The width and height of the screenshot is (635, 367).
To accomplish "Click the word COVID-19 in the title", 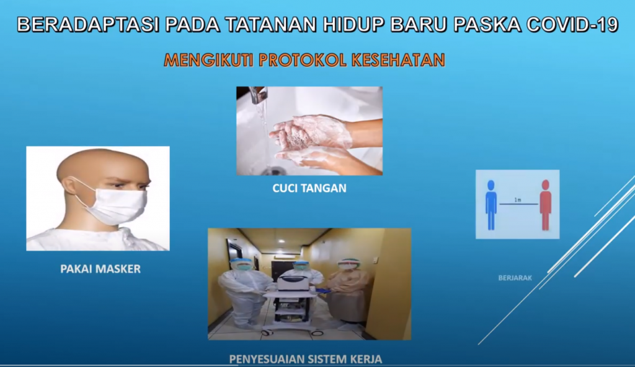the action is point(572,25).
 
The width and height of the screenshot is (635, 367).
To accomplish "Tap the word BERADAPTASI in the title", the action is point(87,25).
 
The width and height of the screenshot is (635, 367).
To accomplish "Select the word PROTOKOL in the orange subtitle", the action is point(303,60).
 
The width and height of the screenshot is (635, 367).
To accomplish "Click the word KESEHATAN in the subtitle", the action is point(399,60).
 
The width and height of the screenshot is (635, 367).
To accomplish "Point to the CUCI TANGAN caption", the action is point(309,188).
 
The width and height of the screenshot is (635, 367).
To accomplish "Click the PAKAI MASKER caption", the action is point(100,269).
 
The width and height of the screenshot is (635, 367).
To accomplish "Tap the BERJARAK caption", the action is point(515,278).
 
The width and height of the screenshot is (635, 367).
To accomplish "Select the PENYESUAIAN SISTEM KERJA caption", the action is point(305,359).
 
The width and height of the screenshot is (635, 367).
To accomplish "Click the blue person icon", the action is point(491,205).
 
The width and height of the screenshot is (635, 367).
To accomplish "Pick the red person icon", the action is point(546,205).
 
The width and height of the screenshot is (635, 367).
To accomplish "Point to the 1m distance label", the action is point(518,200).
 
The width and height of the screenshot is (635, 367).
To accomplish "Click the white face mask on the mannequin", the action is point(117,205).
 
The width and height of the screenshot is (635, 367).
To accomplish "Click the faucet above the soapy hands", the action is point(258,95).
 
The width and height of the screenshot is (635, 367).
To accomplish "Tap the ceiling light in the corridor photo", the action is point(282,241).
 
